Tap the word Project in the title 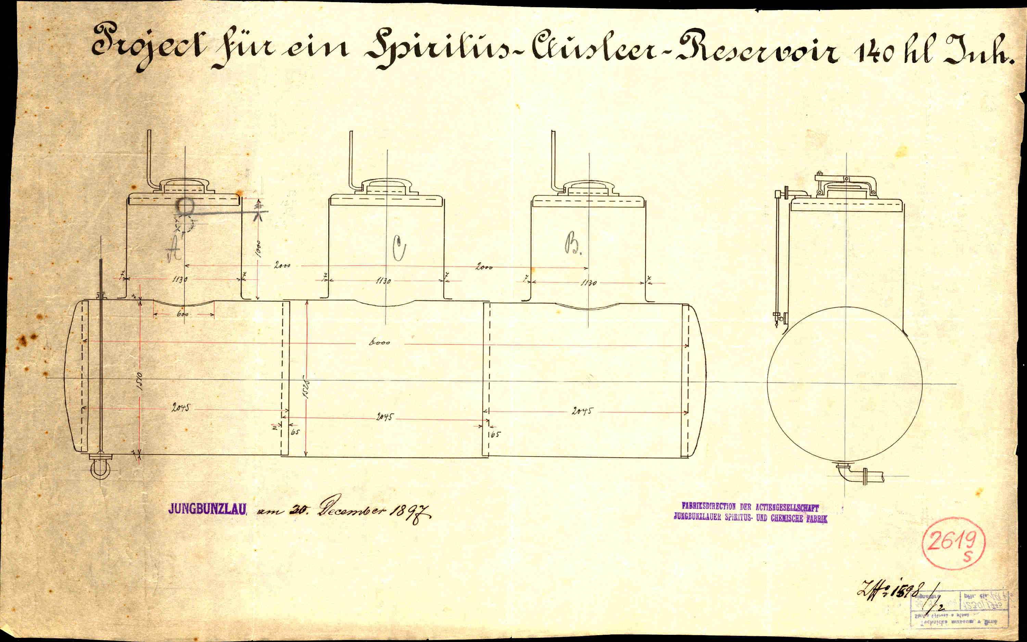[147, 48]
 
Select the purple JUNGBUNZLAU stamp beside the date [207, 509]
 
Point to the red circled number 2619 [953, 542]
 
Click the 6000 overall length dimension [379, 342]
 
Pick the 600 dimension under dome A [182, 314]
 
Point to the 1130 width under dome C [383, 281]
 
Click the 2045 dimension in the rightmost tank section [582, 411]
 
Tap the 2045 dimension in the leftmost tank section [180, 408]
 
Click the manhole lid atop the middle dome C [386, 185]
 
